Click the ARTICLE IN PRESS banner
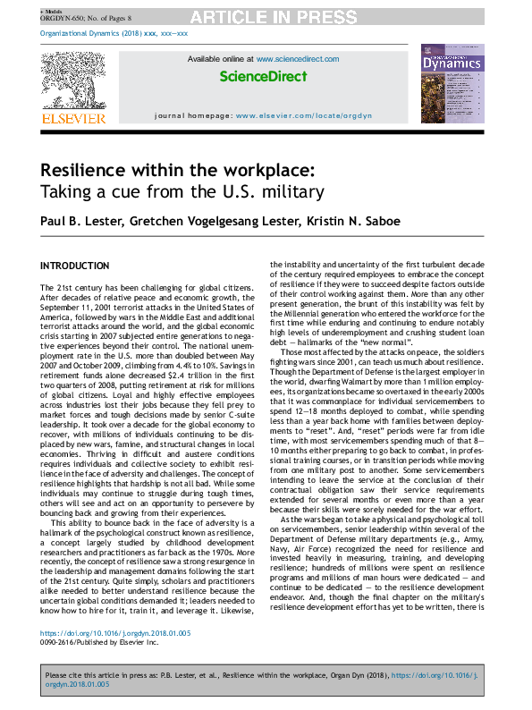(266, 16)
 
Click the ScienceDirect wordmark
(263, 77)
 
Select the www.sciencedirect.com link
(298, 59)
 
